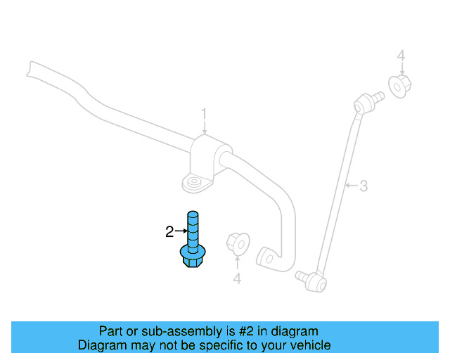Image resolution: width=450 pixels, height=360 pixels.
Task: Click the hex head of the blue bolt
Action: tap(192, 259)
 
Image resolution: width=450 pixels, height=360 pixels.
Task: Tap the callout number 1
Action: tap(204, 113)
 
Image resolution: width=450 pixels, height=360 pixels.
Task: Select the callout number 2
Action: tap(169, 231)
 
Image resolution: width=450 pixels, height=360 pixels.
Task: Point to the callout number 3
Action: tap(364, 186)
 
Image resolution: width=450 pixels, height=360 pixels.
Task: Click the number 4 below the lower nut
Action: tap(237, 279)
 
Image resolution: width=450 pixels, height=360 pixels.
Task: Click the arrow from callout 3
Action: tap(352, 186)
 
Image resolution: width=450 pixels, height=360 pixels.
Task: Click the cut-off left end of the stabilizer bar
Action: tap(29, 68)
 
